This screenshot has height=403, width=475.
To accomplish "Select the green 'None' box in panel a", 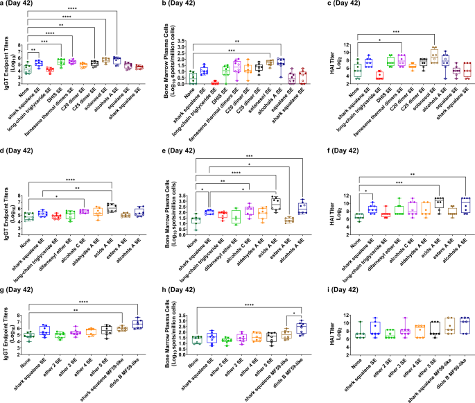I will click(x=28, y=68).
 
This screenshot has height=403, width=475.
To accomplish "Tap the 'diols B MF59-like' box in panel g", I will click(x=137, y=324).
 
